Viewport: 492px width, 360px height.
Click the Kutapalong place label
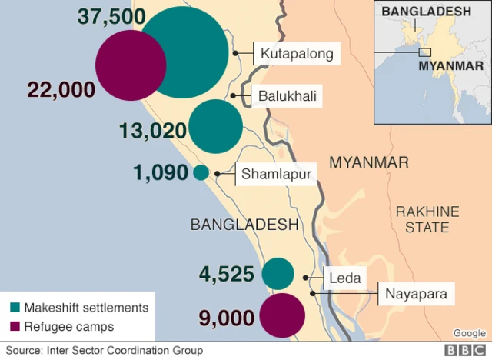pyautogui.click(x=296, y=54)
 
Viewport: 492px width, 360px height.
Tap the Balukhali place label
pyautogui.click(x=288, y=97)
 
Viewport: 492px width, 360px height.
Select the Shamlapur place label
pyautogui.click(x=276, y=174)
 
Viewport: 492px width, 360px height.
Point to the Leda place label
pyautogui.click(x=343, y=278)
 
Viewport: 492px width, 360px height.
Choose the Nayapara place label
pyautogui.click(x=415, y=293)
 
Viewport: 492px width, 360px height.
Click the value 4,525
pyautogui.click(x=226, y=275)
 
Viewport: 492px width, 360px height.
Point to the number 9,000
pyautogui.click(x=226, y=317)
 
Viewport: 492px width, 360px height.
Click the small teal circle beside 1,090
pyautogui.click(x=201, y=173)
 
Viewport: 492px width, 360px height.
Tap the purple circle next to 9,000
pyautogui.click(x=282, y=316)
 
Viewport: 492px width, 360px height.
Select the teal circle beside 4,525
pyautogui.click(x=278, y=275)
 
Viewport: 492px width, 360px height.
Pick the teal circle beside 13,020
pyautogui.click(x=216, y=127)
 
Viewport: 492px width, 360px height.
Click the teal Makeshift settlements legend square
pyautogui.click(x=14, y=308)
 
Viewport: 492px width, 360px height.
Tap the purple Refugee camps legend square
pyautogui.click(x=14, y=327)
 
